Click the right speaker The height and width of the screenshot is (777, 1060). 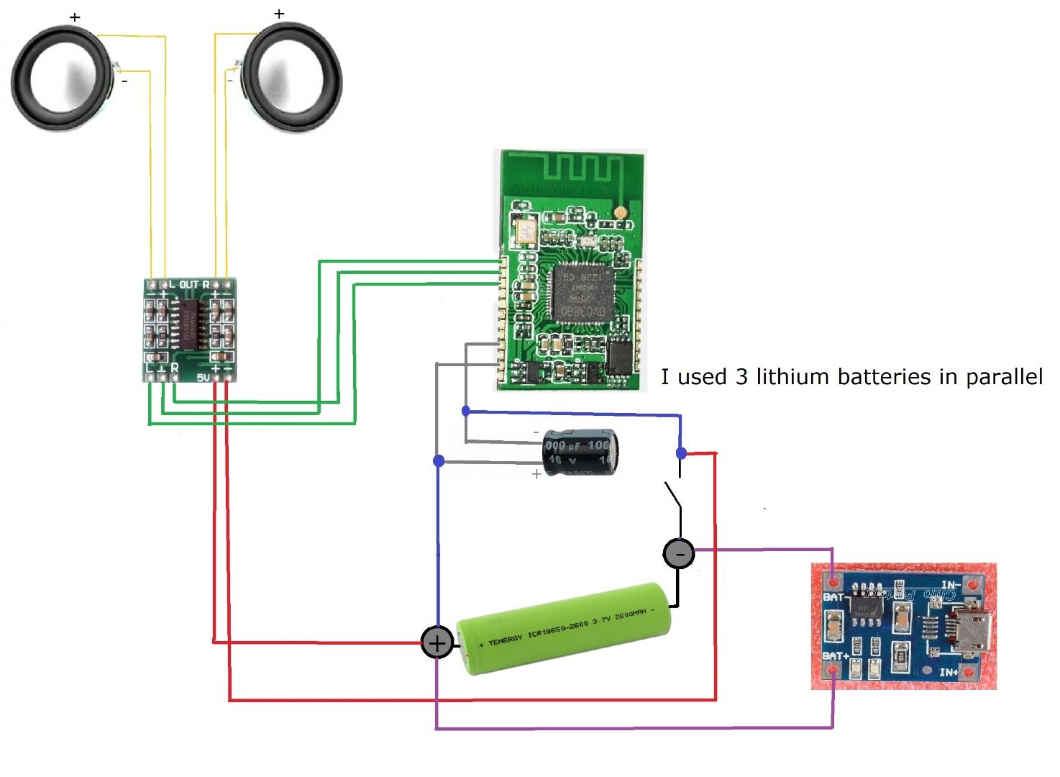[x=292, y=77]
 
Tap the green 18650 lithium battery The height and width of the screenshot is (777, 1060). [x=565, y=628]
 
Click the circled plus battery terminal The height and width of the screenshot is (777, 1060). [x=437, y=642]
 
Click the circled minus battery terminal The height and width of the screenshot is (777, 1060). [x=678, y=554]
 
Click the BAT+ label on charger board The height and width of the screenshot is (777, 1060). [x=836, y=656]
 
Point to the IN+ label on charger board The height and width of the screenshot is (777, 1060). [x=949, y=673]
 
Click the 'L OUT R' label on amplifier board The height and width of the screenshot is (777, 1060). [x=189, y=285]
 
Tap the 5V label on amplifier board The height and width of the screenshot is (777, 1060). [x=203, y=377]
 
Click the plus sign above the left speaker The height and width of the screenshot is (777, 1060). [x=76, y=17]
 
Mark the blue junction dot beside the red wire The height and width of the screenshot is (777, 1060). [x=681, y=453]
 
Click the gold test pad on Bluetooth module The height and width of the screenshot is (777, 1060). [x=619, y=213]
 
